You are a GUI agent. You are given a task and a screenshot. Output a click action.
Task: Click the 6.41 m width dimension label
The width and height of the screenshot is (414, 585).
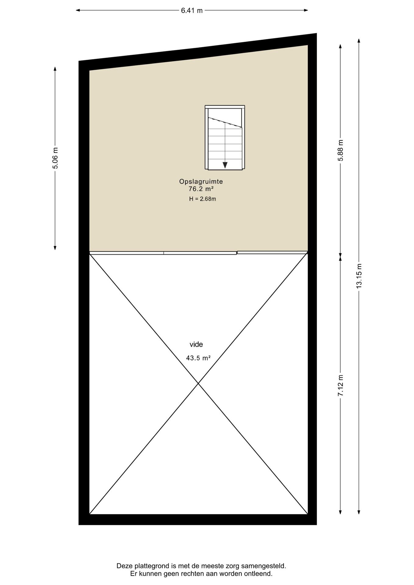(x=192, y=10)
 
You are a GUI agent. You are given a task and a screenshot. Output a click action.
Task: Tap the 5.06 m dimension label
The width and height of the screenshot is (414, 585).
(x=55, y=158)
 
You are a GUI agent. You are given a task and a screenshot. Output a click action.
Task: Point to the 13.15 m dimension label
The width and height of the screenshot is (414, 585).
(x=359, y=276)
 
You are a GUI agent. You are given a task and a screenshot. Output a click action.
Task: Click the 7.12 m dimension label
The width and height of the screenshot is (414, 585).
(x=341, y=385)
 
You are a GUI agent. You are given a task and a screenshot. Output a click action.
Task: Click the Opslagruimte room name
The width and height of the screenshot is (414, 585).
(x=201, y=182)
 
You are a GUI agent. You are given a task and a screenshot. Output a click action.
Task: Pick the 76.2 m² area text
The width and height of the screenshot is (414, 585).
(x=201, y=189)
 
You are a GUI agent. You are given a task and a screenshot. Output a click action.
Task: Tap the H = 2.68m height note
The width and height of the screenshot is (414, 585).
(x=202, y=199)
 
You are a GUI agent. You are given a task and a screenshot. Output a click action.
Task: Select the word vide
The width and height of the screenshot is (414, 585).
(x=196, y=345)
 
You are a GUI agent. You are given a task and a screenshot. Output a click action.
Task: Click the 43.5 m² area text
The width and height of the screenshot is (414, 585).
(x=198, y=358)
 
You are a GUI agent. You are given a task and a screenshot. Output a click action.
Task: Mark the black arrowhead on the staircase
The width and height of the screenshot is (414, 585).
(x=225, y=165)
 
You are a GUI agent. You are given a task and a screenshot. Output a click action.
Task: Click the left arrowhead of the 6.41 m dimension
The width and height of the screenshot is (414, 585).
(x=78, y=10)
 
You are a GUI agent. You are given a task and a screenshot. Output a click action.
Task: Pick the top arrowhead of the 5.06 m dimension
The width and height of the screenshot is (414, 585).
(x=55, y=69)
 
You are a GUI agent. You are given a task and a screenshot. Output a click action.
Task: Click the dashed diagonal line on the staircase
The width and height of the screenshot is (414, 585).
(x=225, y=122)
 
